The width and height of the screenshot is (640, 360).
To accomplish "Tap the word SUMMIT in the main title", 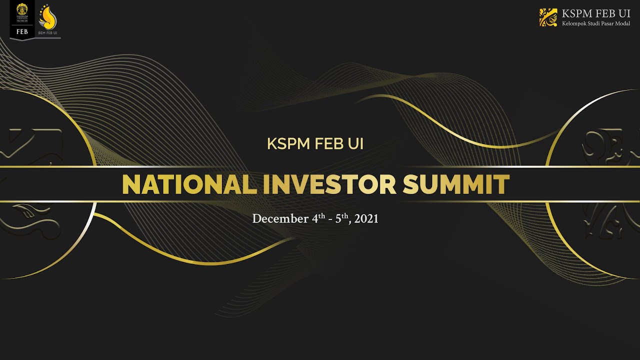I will coord(456,184).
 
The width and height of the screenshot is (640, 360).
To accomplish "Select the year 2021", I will coord(366,219).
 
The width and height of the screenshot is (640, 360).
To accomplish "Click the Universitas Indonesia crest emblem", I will coord(21,10).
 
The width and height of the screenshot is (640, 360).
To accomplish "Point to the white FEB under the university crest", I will coord(21,30).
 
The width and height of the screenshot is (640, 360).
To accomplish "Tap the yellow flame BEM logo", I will coord(48,17).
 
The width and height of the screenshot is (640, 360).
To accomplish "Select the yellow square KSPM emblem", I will coord(548,17).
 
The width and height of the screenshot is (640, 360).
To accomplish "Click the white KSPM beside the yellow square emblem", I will coord(578,13).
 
